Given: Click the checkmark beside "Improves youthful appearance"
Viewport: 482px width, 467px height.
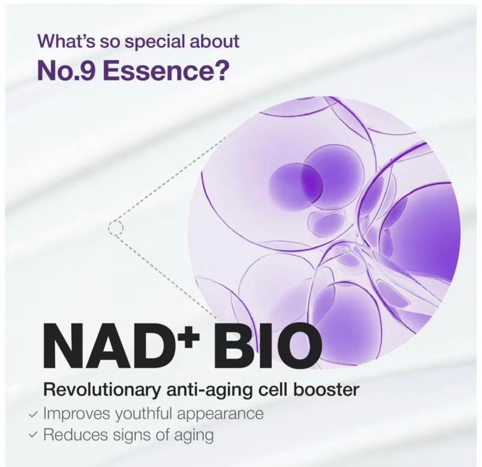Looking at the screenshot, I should (34, 414).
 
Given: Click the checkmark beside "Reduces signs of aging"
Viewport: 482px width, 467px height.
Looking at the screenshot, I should (34, 435).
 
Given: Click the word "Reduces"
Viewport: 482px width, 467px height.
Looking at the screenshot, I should (76, 434).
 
